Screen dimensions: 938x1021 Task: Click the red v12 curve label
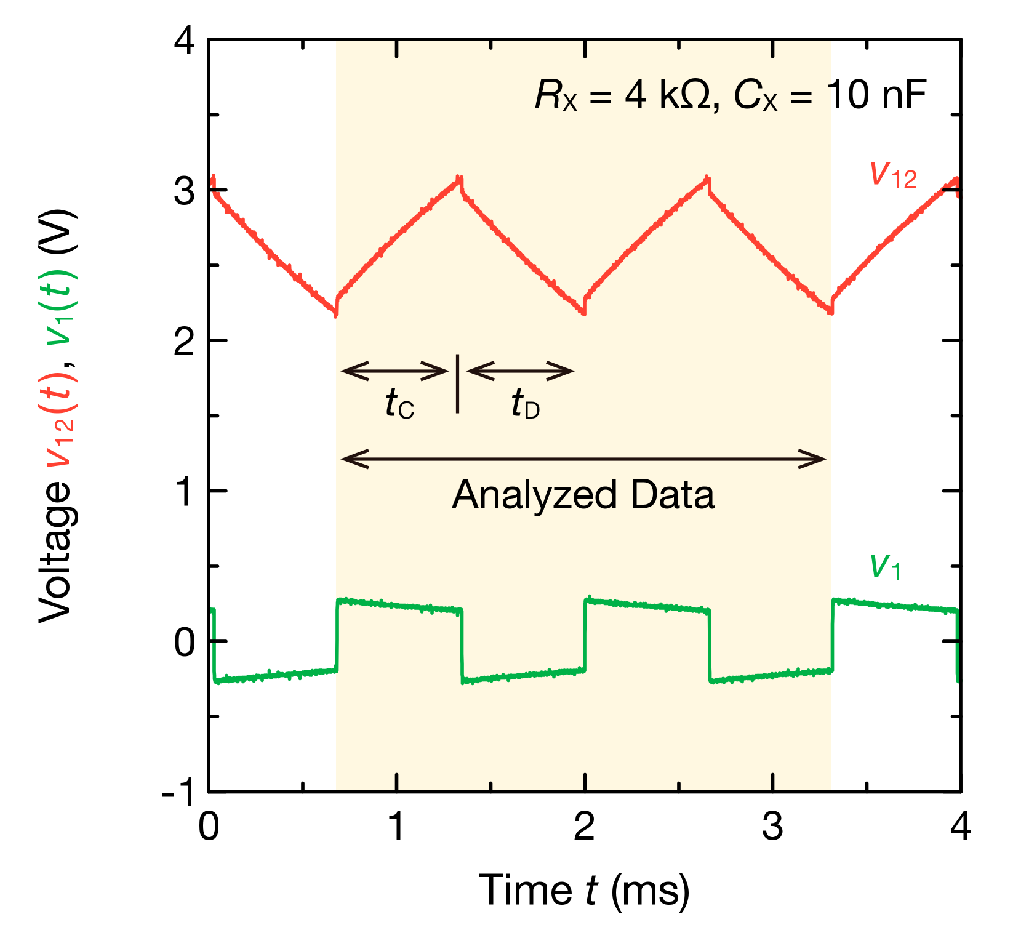(x=893, y=175)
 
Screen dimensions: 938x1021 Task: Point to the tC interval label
(x=400, y=405)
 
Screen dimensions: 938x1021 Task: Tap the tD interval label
(x=525, y=405)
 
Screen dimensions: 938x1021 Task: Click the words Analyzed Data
(x=583, y=495)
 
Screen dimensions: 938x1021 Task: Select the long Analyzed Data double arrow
(x=583, y=459)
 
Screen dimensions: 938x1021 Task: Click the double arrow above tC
(x=394, y=371)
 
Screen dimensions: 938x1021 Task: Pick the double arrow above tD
(x=521, y=371)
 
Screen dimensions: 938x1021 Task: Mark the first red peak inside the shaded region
(x=458, y=179)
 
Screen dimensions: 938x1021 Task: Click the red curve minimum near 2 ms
(x=583, y=311)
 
